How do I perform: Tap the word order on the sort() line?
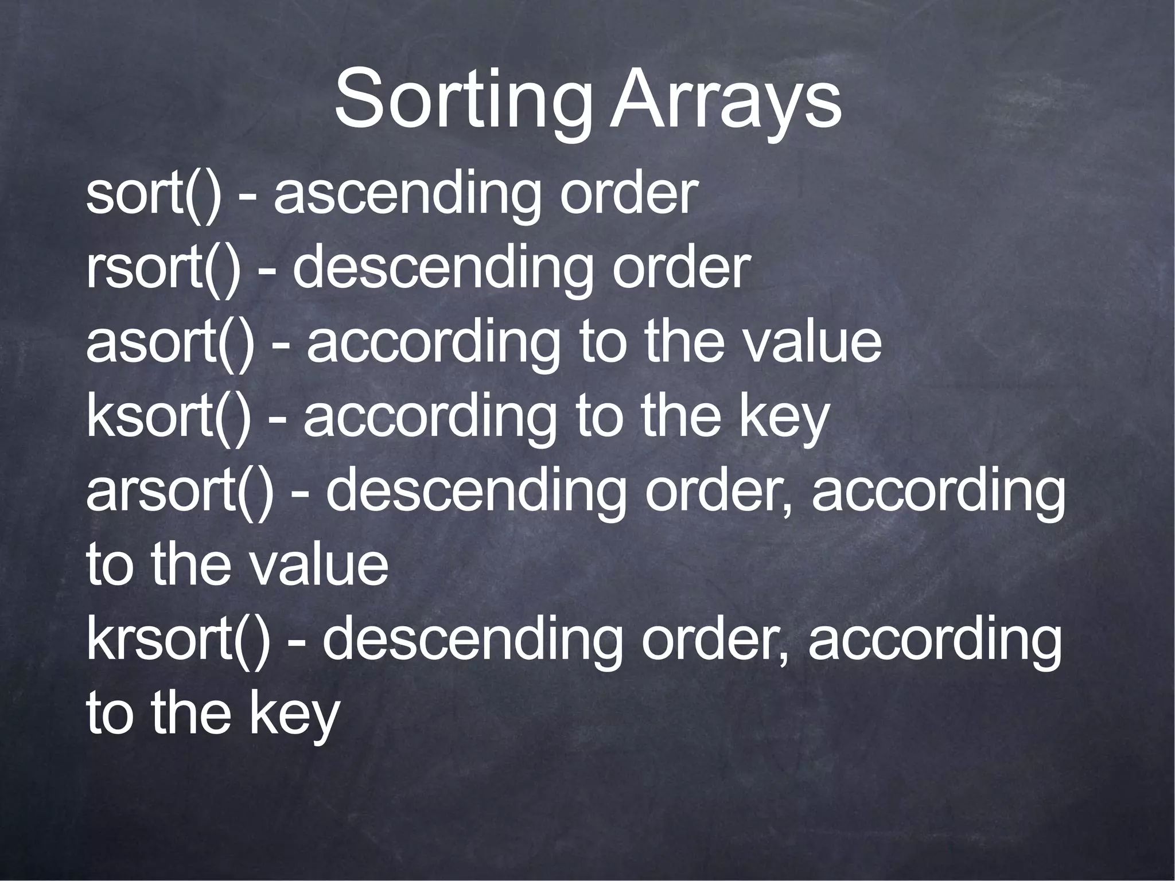click(x=628, y=195)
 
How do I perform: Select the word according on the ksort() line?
click(x=430, y=419)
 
